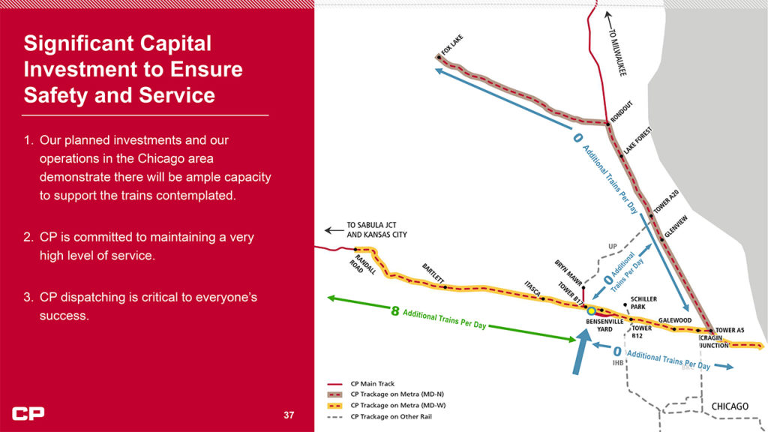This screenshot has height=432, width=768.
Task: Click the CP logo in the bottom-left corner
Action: tap(28, 413)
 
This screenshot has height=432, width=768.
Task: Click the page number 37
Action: tap(289, 415)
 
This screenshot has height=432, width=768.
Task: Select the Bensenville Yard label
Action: tap(601, 324)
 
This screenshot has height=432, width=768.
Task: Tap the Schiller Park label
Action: tap(643, 302)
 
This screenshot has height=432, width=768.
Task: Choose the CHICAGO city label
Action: tap(730, 406)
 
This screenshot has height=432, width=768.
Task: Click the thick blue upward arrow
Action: tap(579, 352)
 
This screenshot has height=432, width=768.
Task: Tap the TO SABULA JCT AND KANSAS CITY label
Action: tap(376, 229)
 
